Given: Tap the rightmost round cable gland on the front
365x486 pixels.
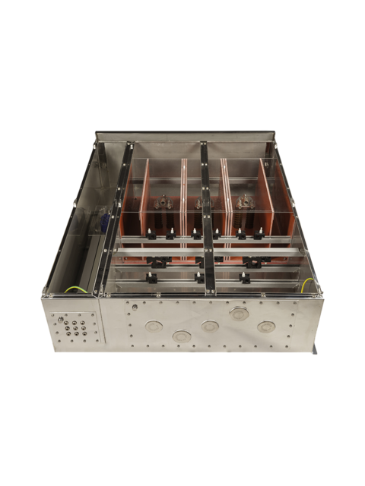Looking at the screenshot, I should (x=265, y=327).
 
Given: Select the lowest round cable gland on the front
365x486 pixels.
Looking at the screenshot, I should (x=182, y=336).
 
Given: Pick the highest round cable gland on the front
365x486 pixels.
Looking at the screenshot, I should (x=239, y=313).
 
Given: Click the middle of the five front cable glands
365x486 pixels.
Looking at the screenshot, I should (x=210, y=326).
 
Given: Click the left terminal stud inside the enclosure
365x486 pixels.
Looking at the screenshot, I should (x=163, y=203).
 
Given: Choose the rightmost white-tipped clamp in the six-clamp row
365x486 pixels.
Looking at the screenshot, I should (x=259, y=234).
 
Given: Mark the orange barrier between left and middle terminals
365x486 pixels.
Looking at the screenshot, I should (x=183, y=205).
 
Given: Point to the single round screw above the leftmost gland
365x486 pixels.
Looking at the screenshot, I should (x=135, y=307).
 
